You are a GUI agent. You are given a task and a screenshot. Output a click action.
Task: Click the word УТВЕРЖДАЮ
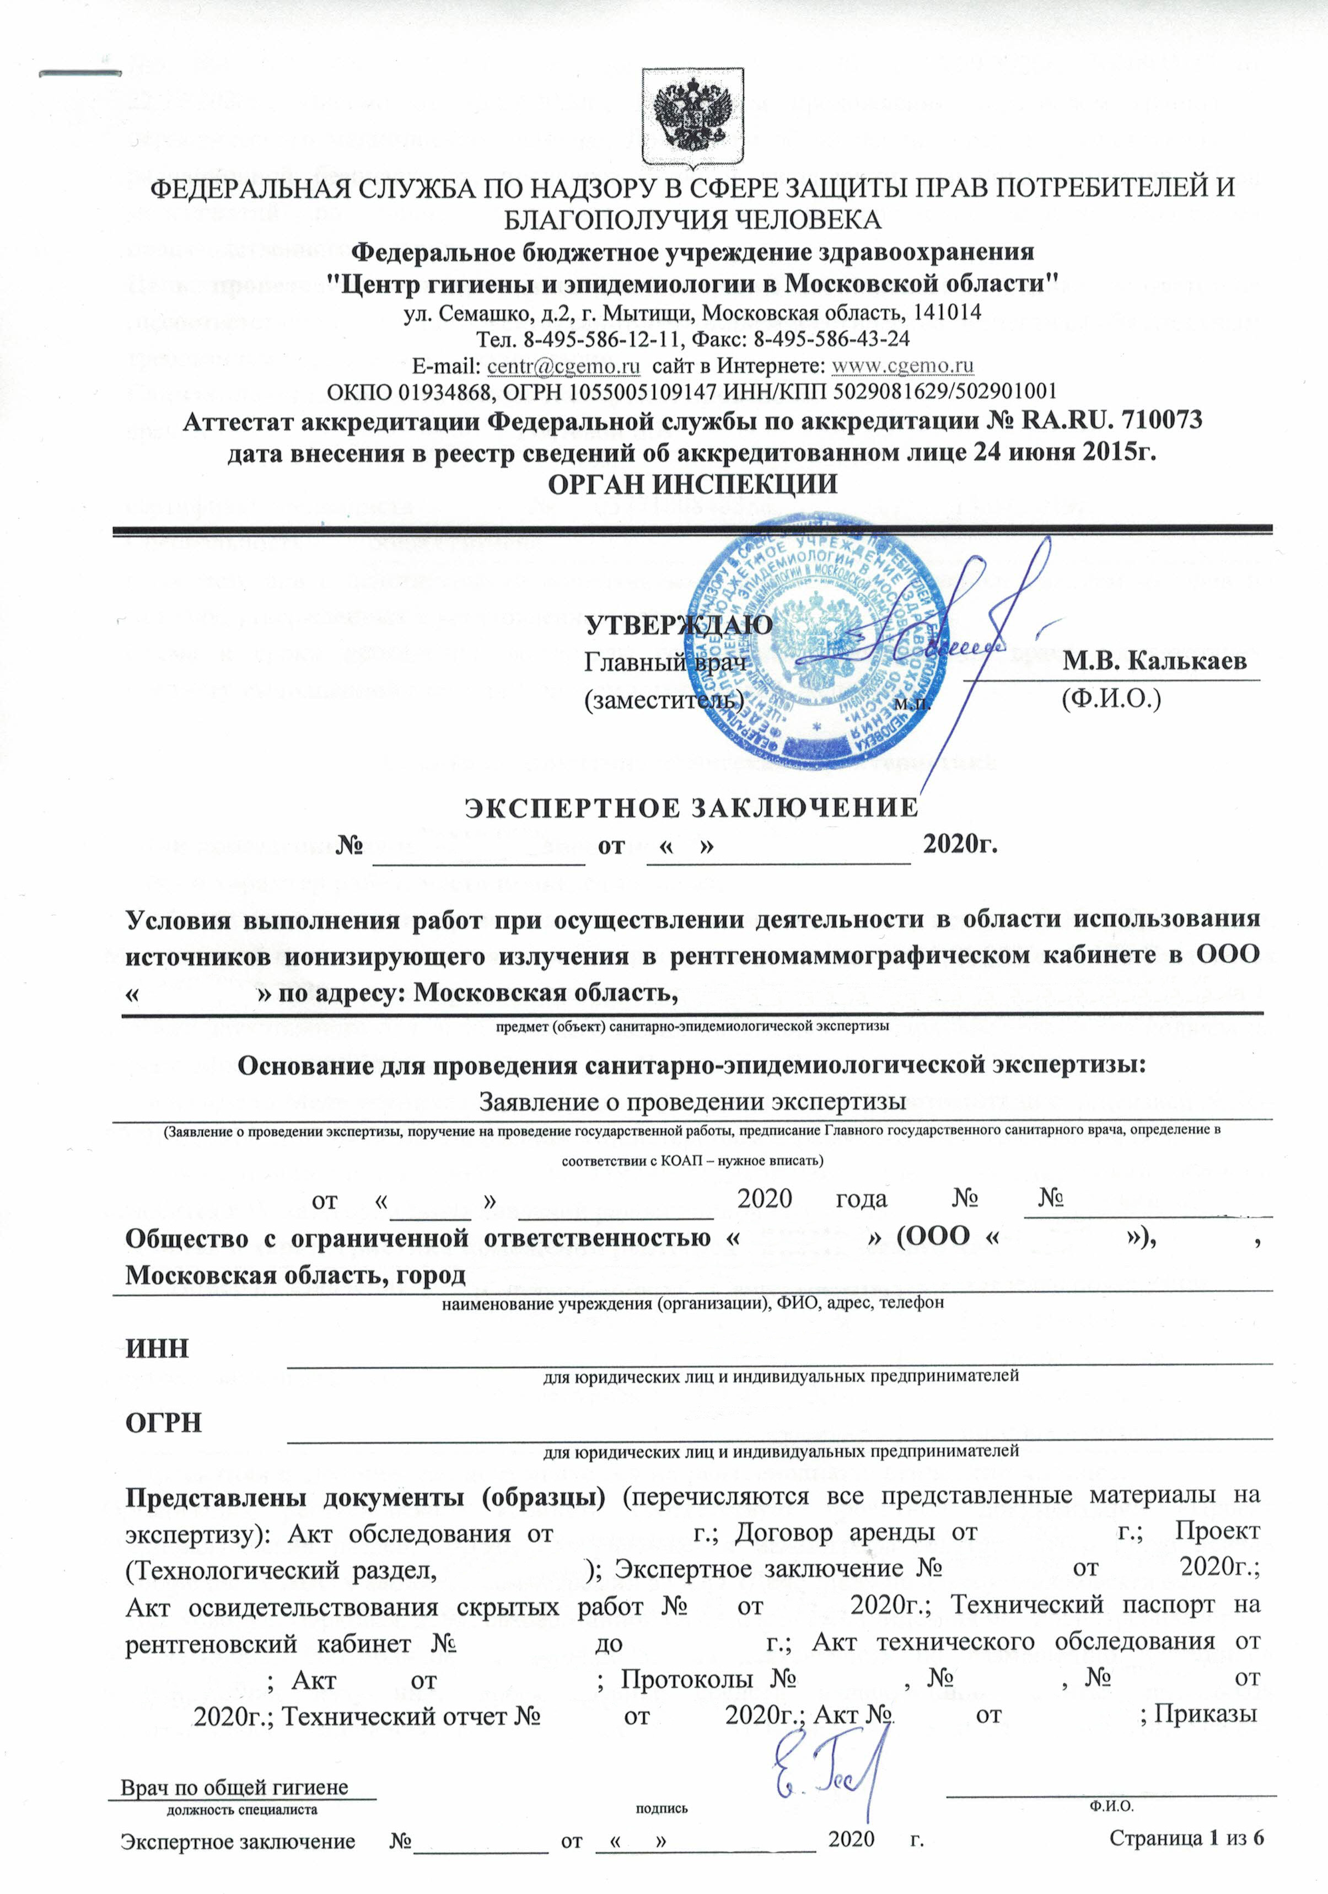tap(679, 625)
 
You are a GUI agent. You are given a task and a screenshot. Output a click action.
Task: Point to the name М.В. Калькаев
tap(1154, 662)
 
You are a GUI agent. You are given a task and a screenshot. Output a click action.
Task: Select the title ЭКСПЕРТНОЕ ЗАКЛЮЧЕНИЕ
tap(692, 807)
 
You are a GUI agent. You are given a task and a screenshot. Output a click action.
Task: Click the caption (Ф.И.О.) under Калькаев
tap(1110, 700)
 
